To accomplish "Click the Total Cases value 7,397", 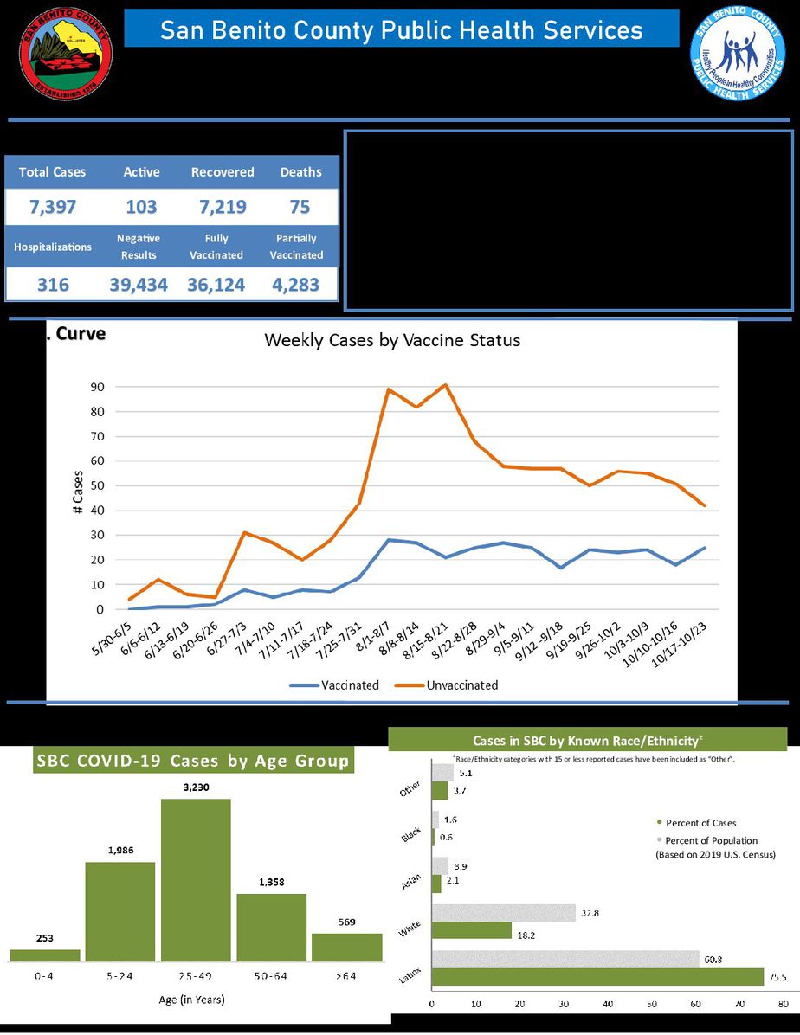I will coord(53,207).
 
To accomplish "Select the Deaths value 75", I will coord(300,207).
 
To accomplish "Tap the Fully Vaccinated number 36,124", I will coord(216,285).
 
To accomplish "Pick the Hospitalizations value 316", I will coord(53,285).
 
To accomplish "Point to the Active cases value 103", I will coord(140,207).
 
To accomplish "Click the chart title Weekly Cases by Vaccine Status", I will coord(392,340).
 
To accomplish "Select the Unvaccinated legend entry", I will coord(461,685).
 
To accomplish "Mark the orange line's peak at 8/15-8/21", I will coord(445,385).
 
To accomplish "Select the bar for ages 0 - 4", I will coord(45,955).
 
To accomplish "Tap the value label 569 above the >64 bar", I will coord(346,922).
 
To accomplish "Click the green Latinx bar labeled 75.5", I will coord(597,977).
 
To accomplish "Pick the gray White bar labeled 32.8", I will coord(503,913).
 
